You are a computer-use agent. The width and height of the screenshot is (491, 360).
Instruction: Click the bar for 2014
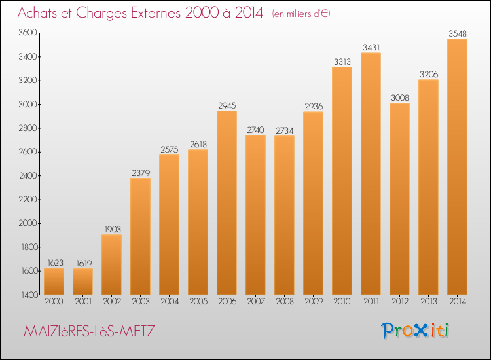coord(457,166)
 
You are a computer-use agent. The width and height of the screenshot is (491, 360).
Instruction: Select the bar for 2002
coord(111,264)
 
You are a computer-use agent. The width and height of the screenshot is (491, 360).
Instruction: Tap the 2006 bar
coord(227,202)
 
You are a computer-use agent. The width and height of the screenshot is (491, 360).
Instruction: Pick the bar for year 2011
coord(371,173)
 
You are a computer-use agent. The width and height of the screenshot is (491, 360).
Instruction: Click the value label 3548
coord(458,33)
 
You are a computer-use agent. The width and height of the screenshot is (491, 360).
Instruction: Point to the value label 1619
coord(84,263)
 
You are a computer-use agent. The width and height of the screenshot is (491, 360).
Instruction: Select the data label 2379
coord(141,173)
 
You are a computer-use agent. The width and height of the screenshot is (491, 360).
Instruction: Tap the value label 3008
coord(400,98)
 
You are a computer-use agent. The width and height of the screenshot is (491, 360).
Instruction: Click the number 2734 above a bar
coord(284,130)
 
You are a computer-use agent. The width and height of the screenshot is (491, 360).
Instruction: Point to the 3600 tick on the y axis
coord(27,33)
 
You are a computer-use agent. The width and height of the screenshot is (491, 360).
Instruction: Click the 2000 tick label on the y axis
coord(27,223)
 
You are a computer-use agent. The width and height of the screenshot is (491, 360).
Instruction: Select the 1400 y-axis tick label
coord(29,295)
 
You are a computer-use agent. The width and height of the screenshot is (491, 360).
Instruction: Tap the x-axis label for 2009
coord(314,302)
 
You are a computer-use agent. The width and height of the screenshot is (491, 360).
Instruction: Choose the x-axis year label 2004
coord(170,302)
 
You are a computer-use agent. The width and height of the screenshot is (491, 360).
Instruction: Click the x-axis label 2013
coord(429,302)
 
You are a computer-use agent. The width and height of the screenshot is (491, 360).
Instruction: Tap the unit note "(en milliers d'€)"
coord(301,14)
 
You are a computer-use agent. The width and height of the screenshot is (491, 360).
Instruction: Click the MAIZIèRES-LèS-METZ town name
coord(89,331)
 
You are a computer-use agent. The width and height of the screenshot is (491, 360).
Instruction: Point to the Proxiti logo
coord(415,331)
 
